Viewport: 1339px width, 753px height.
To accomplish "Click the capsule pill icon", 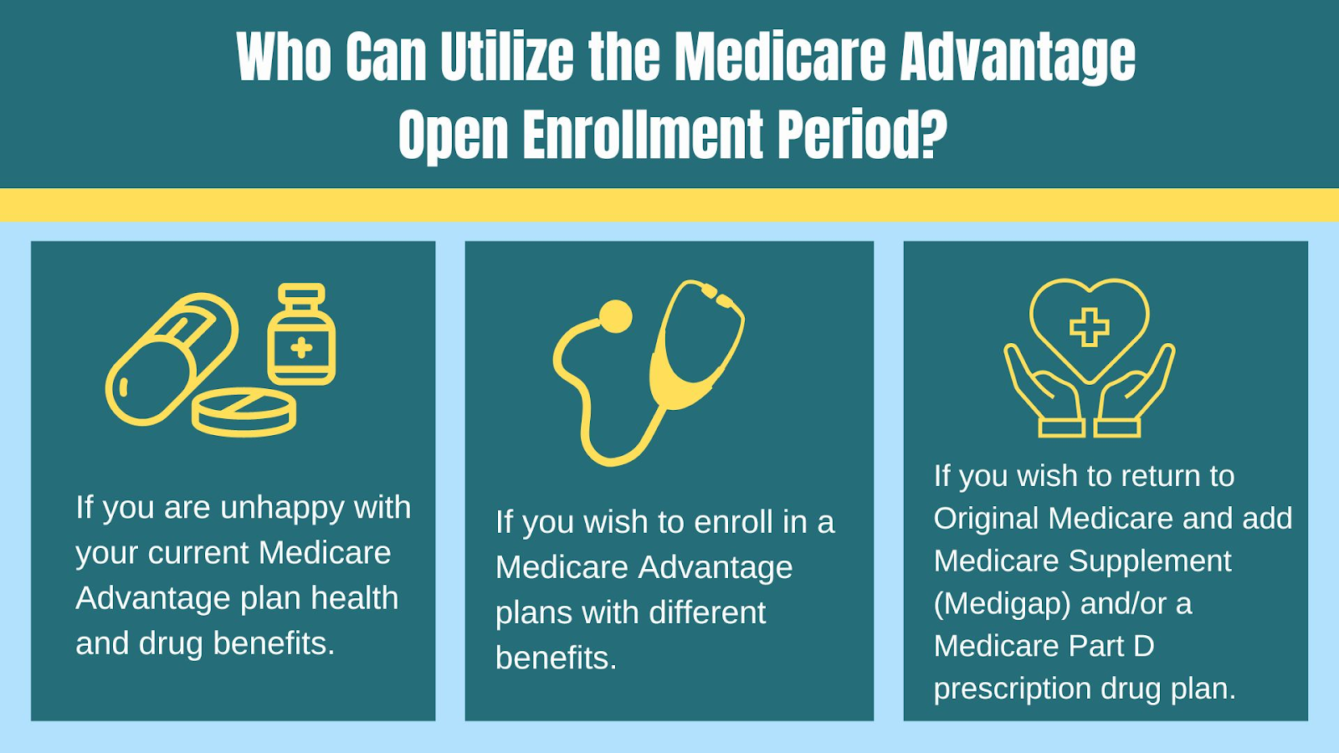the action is (172, 359).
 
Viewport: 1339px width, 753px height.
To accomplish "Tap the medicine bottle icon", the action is (301, 334).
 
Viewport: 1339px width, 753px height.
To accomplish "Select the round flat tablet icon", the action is (244, 412).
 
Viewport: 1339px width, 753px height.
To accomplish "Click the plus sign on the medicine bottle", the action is (301, 348).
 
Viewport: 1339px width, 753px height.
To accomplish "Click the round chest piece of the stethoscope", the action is (615, 317).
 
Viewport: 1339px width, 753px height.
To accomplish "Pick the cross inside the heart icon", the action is (1089, 327).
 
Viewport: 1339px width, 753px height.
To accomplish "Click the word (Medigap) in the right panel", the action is (1002, 604).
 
